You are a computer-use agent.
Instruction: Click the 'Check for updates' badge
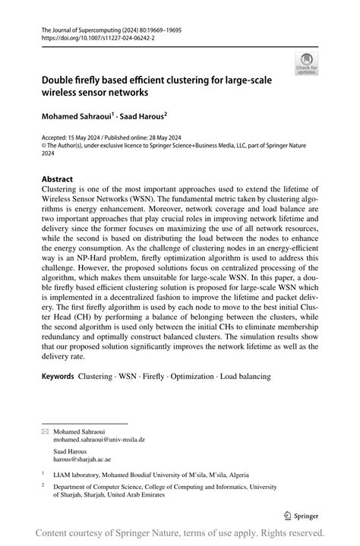[x=307, y=63]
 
